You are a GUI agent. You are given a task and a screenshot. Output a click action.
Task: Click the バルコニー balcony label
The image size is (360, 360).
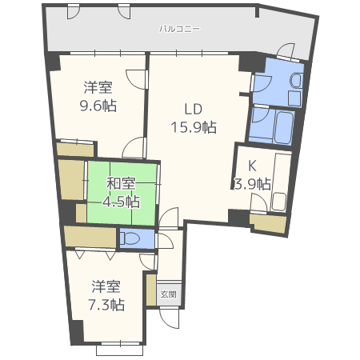[x=179, y=29]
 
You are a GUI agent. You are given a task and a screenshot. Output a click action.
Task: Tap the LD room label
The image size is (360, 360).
[x=194, y=109]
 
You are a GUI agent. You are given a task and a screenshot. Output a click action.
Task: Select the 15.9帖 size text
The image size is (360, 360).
[x=194, y=127]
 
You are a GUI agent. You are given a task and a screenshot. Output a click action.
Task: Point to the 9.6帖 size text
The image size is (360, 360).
[x=98, y=106]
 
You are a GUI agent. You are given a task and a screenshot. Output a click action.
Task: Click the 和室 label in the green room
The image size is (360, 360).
[x=122, y=183]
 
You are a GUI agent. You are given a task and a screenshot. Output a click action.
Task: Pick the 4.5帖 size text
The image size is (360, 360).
[x=122, y=202]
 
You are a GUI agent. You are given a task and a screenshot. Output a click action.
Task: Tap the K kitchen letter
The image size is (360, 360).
[x=252, y=166]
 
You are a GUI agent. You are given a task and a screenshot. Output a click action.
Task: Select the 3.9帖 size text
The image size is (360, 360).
[x=252, y=184]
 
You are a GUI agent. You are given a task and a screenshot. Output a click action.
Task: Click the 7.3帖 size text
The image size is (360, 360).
[x=106, y=305]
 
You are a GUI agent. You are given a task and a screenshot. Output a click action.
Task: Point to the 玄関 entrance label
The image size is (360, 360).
[x=169, y=294]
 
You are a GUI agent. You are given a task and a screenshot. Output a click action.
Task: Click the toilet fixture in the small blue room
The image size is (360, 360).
[x=130, y=238]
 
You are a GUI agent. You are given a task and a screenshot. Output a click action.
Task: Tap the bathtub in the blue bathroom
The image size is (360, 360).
[x=283, y=127]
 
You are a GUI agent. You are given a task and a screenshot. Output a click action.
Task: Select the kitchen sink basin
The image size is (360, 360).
[x=278, y=202]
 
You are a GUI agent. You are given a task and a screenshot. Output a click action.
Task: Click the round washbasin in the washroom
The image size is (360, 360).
[x=296, y=80]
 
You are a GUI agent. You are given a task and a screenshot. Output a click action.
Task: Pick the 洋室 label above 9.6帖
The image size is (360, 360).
[x=98, y=87]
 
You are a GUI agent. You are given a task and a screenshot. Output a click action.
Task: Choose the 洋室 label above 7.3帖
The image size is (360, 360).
[x=106, y=286]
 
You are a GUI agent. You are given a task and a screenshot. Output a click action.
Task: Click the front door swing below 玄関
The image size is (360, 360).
[x=169, y=318]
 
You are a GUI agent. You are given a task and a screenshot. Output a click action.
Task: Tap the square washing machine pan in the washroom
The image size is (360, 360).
[x=294, y=98]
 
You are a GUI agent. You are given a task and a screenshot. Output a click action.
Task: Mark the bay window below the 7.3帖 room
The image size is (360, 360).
[x=120, y=350]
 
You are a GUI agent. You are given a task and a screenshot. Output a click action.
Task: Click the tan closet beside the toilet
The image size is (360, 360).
[x=91, y=237]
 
